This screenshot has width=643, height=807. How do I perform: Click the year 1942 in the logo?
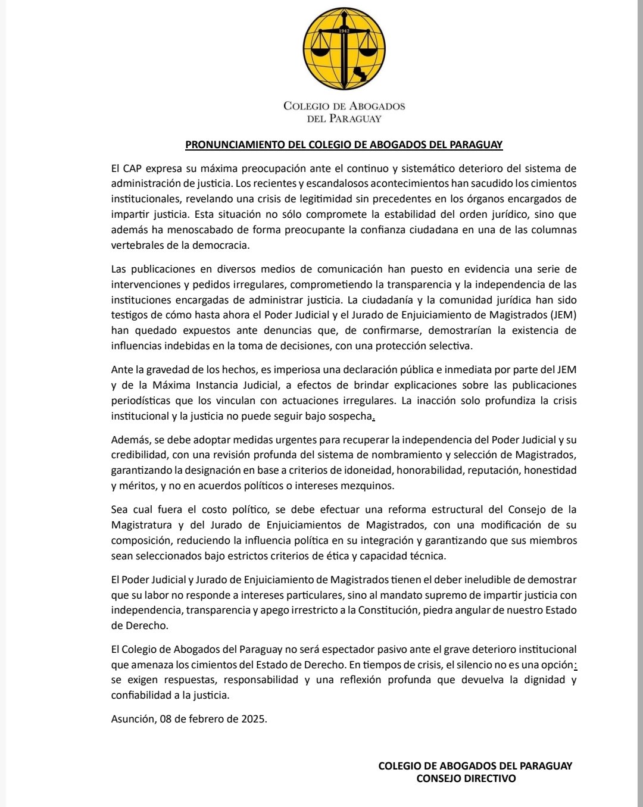coord(344,30)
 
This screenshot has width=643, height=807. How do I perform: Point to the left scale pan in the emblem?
coord(320,51)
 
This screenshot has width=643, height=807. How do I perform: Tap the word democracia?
coord(219,245)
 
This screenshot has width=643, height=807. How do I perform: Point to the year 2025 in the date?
coord(253,719)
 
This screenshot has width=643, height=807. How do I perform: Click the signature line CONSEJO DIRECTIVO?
coord(466,778)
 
